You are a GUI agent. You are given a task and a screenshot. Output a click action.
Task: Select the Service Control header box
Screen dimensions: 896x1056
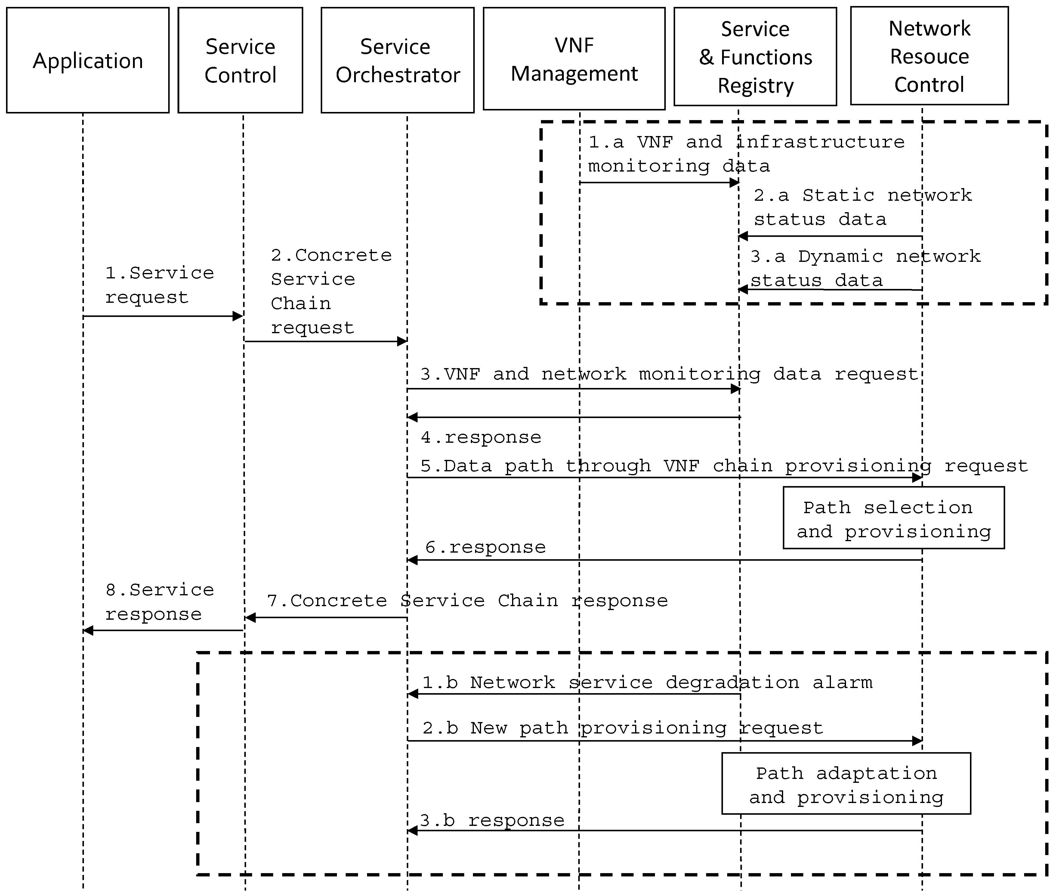point(240,60)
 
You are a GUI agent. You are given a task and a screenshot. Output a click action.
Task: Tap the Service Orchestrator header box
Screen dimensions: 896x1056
point(397,60)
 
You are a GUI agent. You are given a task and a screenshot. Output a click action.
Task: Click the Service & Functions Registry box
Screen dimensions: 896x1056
point(755,56)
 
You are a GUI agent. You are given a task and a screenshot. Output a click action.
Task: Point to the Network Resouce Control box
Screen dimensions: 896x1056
point(929,56)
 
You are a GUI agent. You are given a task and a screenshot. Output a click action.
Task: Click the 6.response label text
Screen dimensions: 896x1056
point(485,547)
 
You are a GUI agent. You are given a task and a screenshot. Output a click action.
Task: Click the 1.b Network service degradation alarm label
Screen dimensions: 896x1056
point(647,682)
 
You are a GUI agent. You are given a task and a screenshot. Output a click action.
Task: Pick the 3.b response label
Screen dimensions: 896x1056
point(492,820)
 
